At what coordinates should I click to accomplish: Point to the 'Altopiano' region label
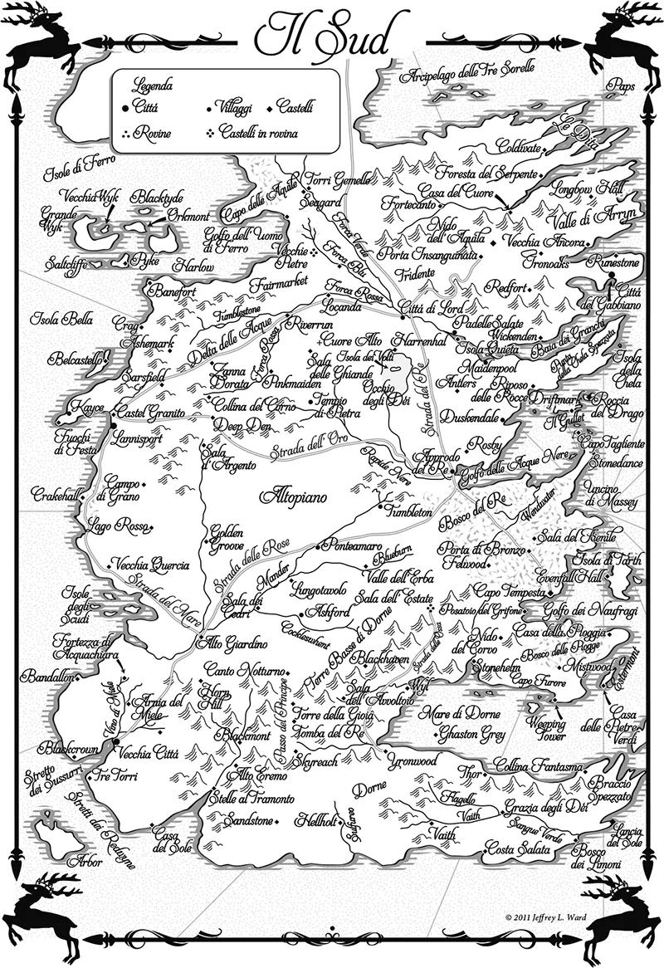coord(295,497)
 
